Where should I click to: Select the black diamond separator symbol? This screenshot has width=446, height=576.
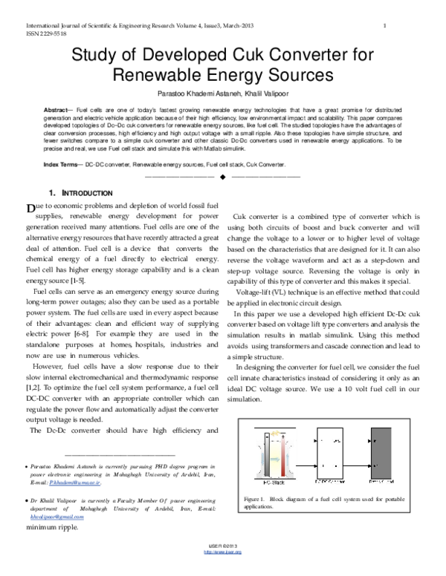[222, 177]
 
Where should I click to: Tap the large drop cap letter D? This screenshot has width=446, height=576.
[30, 206]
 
